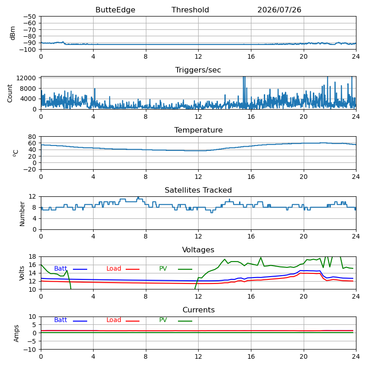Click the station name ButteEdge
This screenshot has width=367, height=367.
tap(115, 10)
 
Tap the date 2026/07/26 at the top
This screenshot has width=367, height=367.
tap(279, 10)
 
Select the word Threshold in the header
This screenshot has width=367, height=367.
tap(190, 10)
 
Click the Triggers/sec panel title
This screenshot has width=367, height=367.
tap(198, 70)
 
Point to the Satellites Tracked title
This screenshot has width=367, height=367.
tap(198, 190)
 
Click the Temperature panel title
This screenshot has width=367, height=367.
tap(199, 130)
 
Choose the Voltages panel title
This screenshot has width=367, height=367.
tap(198, 250)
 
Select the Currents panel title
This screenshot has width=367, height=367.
tap(199, 310)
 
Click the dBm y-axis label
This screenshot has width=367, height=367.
tap(13, 33)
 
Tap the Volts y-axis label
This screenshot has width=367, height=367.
tap(22, 273)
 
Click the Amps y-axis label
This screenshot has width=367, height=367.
tap(16, 334)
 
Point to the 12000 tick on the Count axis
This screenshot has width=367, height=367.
tap(26, 78)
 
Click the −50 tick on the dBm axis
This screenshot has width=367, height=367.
tap(30, 17)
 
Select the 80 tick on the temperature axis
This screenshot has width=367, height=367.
tap(32, 137)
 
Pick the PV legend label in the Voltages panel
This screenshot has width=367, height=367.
tap(163, 268)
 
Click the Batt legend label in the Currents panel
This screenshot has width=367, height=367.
tap(61, 320)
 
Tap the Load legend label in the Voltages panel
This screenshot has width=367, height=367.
tap(114, 268)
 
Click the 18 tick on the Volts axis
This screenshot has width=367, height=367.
tap(33, 256)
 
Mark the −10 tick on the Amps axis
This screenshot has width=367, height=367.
tap(30, 350)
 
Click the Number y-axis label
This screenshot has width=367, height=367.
tap(22, 214)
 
